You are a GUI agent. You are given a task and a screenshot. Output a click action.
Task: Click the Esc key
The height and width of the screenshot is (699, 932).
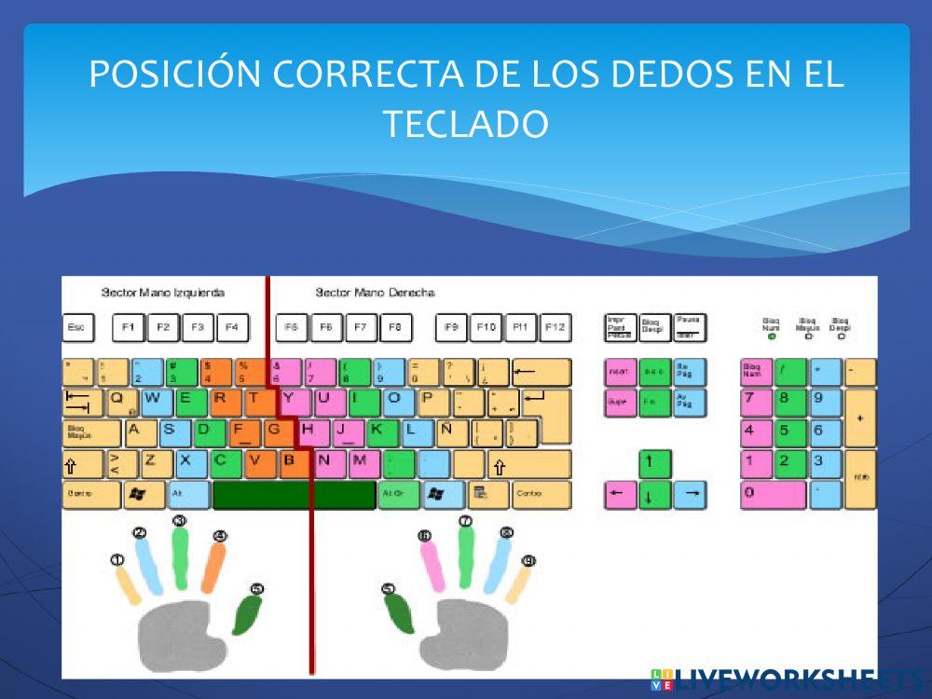coord(78,327)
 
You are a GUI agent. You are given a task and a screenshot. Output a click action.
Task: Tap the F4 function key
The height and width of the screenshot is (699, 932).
coord(232,327)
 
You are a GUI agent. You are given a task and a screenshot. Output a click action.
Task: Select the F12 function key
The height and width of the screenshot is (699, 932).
coord(555,327)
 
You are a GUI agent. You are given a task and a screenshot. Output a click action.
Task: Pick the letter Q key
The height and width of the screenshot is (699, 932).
coord(121,402)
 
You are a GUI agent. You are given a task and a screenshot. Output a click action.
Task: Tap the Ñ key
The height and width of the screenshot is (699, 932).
coord(450,432)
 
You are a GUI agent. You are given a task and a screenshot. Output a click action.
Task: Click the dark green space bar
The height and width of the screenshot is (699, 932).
coord(294,495)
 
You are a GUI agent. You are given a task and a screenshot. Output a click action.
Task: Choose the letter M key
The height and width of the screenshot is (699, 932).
coord(362,463)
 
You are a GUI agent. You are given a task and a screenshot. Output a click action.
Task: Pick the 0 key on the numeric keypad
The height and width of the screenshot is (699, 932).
coord(773,494)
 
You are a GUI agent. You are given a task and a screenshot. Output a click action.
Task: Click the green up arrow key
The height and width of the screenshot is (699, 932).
coord(654,463)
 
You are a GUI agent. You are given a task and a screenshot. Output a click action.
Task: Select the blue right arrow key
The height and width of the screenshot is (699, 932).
coord(690,494)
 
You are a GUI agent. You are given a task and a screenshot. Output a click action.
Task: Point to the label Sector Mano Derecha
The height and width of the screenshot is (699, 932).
coord(375,293)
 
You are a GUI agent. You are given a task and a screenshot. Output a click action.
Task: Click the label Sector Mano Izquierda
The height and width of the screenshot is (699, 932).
coord(163,293)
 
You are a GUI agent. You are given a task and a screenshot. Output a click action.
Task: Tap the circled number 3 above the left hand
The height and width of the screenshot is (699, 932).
coord(180,521)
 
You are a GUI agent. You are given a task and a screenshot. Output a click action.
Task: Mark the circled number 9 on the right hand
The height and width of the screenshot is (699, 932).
coord(528,561)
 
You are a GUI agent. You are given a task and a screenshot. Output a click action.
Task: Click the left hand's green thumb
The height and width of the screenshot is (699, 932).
coord(247,613)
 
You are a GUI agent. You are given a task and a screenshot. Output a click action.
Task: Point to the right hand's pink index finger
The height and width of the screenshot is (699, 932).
coord(432,564)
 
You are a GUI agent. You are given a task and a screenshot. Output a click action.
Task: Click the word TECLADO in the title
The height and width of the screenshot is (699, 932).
coord(466,123)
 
